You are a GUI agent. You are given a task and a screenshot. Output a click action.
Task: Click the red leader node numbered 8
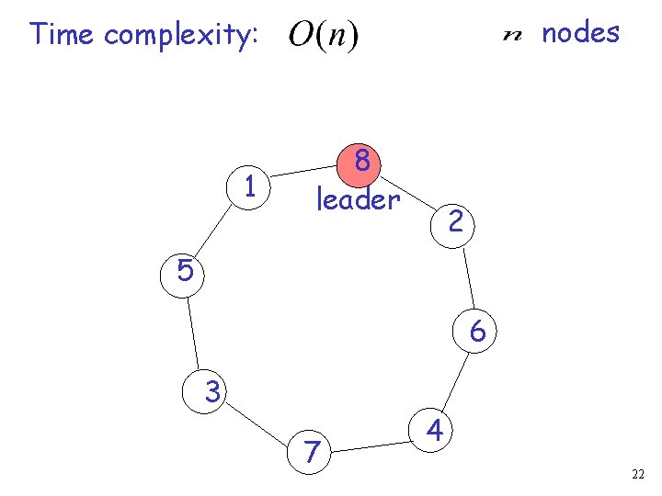click(x=362, y=163)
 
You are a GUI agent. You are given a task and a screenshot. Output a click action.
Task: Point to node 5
click(x=184, y=272)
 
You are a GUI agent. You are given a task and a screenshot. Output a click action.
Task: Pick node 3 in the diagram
click(x=211, y=393)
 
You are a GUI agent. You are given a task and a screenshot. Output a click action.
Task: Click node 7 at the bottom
click(x=314, y=452)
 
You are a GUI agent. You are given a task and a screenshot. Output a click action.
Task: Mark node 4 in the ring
click(x=436, y=430)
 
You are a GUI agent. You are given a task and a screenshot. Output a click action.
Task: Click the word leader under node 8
click(x=358, y=198)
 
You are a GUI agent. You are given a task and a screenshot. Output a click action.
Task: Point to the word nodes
click(x=580, y=33)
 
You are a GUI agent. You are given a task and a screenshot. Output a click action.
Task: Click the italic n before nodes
click(x=513, y=36)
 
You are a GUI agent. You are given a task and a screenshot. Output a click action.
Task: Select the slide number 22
click(x=638, y=474)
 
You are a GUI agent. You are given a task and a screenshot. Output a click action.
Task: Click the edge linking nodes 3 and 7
click(x=261, y=423)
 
